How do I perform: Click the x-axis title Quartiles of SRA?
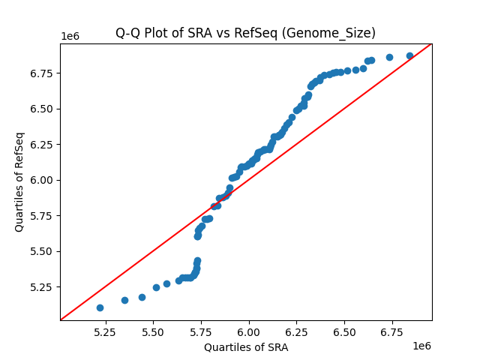click(x=245, y=347)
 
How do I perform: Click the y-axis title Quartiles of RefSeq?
click(x=19, y=181)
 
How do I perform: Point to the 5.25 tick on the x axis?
click(x=106, y=331)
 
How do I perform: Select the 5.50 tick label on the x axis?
click(x=153, y=331)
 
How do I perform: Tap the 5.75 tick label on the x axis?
click(x=201, y=331)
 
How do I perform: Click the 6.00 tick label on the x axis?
click(x=248, y=331)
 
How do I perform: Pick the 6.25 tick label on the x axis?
click(x=296, y=331)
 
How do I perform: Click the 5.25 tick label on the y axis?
click(x=43, y=287)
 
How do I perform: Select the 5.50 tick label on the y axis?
click(x=43, y=251)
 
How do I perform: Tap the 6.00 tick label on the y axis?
click(x=43, y=180)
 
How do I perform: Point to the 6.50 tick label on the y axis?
click(x=43, y=109)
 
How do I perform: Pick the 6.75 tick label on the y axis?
click(x=43, y=73)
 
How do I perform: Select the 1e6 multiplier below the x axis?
click(x=421, y=345)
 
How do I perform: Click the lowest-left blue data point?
click(x=100, y=307)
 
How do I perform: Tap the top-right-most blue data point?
click(x=409, y=55)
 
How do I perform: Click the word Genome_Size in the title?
click(x=340, y=33)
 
